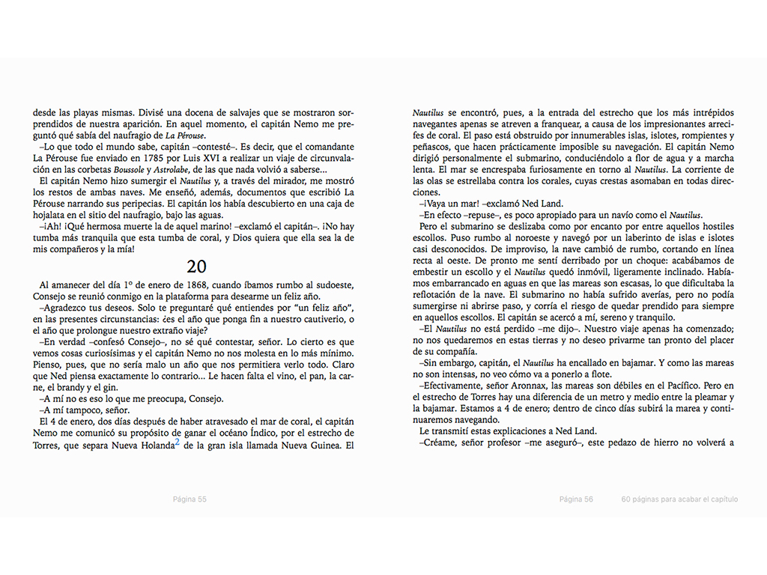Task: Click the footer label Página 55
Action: (x=190, y=499)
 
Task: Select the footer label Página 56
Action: (x=576, y=499)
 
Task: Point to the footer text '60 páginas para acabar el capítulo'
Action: (x=679, y=499)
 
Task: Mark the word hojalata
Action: (x=49, y=215)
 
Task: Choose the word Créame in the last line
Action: (x=439, y=443)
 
